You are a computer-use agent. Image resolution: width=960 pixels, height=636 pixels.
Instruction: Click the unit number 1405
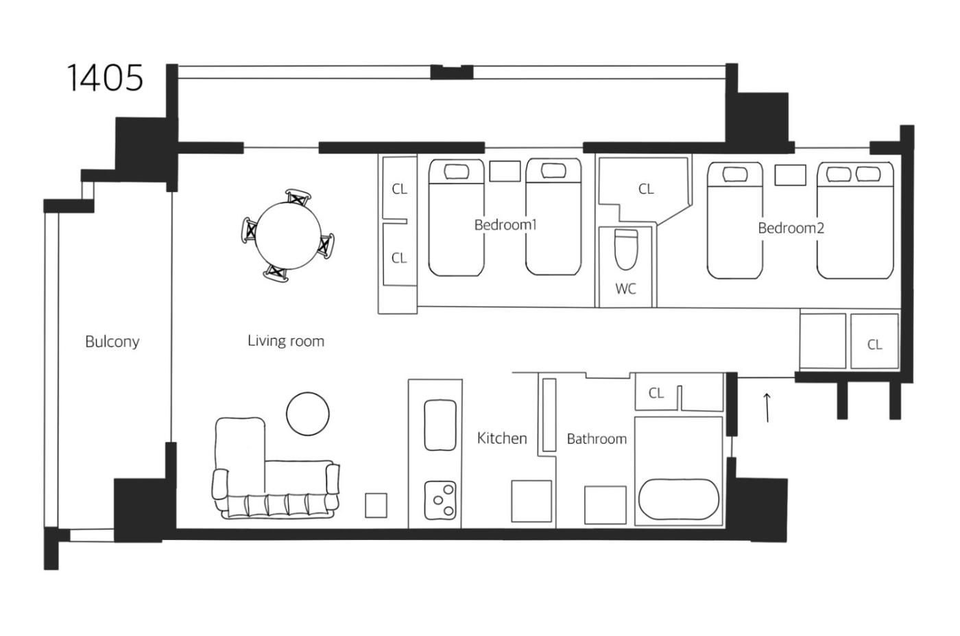tap(105, 78)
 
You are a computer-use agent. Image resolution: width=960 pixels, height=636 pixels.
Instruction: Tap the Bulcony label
tap(112, 342)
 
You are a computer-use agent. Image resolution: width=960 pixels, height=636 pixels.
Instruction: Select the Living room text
tap(286, 341)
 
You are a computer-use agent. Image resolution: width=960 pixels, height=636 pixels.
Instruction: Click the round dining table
tap(288, 235)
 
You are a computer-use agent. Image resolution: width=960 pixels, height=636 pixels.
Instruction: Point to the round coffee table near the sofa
tap(308, 414)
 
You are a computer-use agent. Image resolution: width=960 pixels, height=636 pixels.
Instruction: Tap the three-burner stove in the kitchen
tap(440, 499)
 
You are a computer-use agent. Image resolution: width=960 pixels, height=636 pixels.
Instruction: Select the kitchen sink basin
tap(440, 425)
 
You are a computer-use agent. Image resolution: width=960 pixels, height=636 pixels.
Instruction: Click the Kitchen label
tap(502, 438)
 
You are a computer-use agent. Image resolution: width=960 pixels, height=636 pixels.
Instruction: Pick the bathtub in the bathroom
tap(679, 499)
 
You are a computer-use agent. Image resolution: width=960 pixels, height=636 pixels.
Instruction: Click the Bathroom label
tap(597, 438)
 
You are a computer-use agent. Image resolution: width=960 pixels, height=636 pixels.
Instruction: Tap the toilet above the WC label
tap(626, 249)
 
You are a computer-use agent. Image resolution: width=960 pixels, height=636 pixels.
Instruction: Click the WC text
tap(625, 289)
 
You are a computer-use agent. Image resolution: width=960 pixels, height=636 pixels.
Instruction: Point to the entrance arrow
tap(767, 407)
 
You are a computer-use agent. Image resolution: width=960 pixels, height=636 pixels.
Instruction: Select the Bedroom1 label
tap(505, 225)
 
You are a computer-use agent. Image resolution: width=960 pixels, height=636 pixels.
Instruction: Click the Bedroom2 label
tap(791, 228)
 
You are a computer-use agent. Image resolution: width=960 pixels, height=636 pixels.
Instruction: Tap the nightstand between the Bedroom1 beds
tap(505, 171)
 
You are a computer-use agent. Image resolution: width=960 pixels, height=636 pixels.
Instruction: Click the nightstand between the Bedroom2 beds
tap(790, 175)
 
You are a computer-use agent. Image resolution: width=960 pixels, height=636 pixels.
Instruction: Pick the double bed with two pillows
tap(855, 220)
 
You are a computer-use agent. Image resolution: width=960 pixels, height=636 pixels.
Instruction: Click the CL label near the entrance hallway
tap(875, 344)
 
